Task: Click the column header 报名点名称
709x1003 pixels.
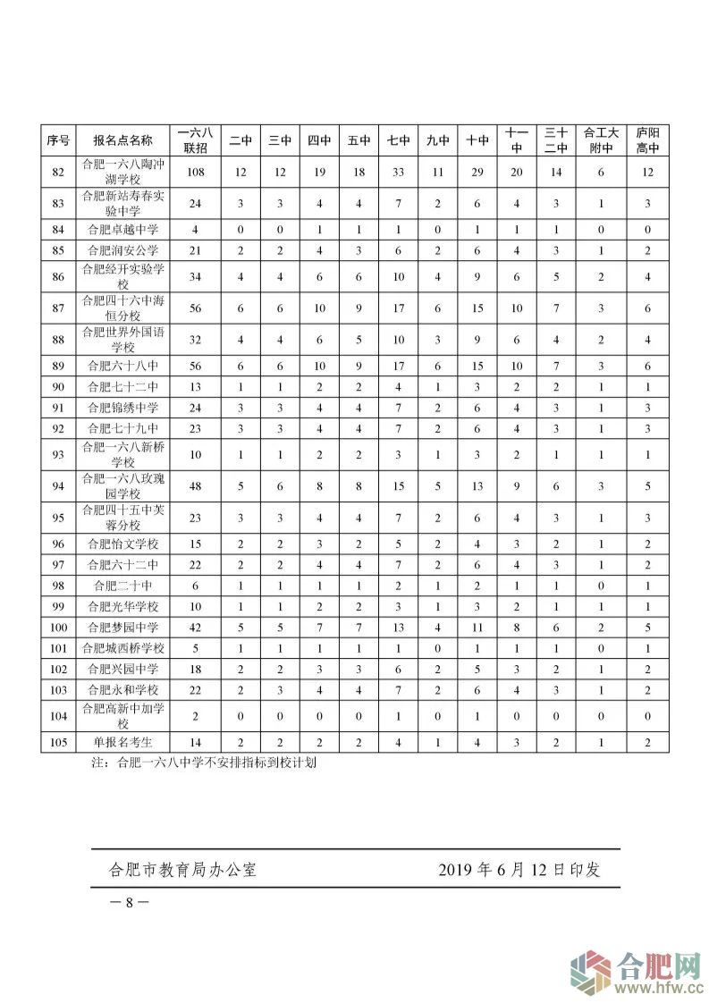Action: [122, 140]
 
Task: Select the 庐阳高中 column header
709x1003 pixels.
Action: [646, 140]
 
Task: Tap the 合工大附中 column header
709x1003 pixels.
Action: [601, 140]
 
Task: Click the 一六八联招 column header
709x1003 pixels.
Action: [195, 140]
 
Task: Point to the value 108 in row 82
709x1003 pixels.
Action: [195, 173]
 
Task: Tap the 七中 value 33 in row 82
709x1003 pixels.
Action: [398, 173]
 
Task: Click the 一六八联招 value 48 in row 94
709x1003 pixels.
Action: [195, 487]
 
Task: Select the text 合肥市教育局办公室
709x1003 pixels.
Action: [182, 869]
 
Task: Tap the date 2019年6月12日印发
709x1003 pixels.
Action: [519, 869]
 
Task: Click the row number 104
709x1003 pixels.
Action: [59, 715]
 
